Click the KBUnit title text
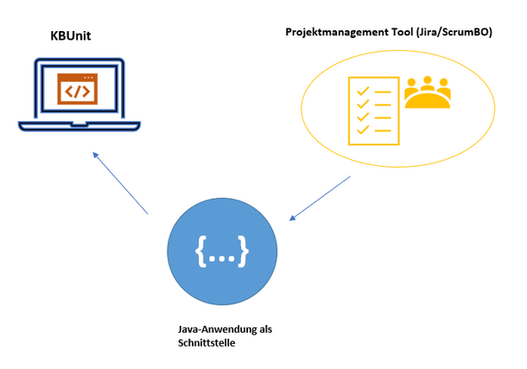click(x=71, y=36)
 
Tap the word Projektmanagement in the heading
click(x=336, y=32)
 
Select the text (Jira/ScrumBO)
click(x=454, y=32)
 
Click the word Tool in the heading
click(x=402, y=32)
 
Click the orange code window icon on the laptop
click(x=77, y=89)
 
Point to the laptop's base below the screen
click(x=79, y=125)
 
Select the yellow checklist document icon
click(x=374, y=111)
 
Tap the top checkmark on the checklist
click(x=363, y=91)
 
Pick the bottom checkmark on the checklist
click(x=363, y=130)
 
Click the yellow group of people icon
click(x=427, y=92)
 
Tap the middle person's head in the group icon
click(x=428, y=80)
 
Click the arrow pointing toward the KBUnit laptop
click(x=120, y=183)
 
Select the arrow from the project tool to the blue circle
click(x=320, y=198)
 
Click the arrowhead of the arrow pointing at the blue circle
click(x=292, y=218)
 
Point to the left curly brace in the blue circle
click(x=201, y=251)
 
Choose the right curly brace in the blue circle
click(x=243, y=251)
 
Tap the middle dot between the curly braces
click(x=222, y=258)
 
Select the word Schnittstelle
click(x=206, y=343)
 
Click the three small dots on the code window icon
click(x=88, y=78)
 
